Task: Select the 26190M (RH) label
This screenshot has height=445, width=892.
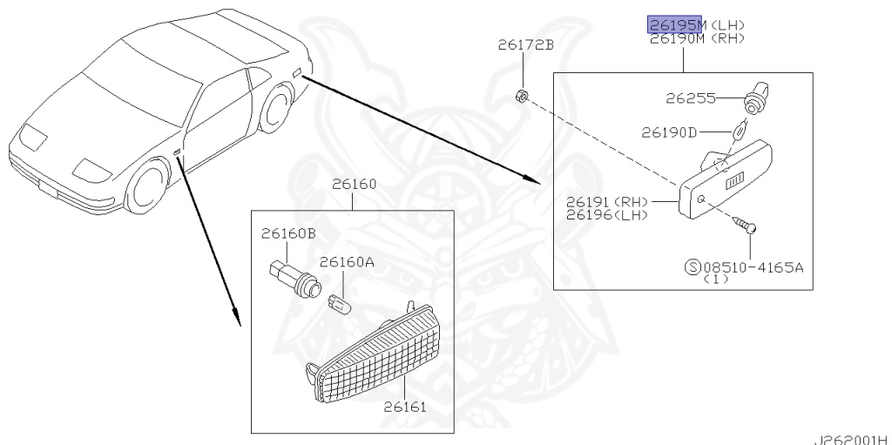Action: coord(695,38)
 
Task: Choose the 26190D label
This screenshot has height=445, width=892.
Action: coord(669,132)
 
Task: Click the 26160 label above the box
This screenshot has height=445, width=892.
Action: coord(354,185)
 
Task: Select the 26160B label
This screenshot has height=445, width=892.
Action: coord(288,233)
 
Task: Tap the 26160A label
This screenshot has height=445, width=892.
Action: coord(347,261)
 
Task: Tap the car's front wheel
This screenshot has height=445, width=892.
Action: coord(147,188)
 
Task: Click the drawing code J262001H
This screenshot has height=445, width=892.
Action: coord(852,438)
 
